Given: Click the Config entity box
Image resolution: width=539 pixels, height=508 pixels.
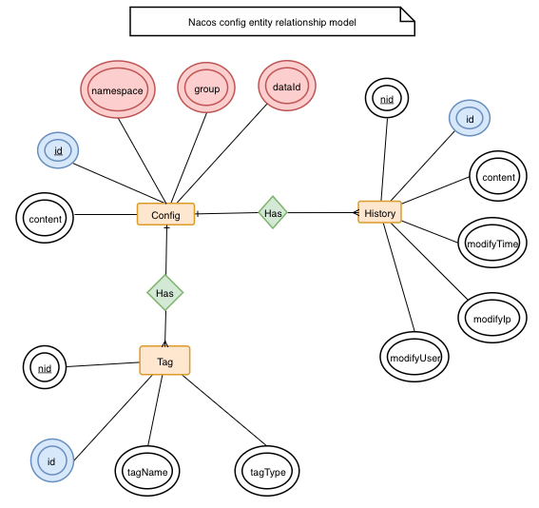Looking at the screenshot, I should pyautogui.click(x=165, y=215).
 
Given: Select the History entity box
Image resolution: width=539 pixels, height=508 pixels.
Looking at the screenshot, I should pyautogui.click(x=379, y=213).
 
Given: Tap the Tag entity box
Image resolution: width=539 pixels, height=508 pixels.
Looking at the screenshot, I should pyautogui.click(x=164, y=361).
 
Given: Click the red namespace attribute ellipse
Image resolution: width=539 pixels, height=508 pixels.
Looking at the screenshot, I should pyautogui.click(x=117, y=89).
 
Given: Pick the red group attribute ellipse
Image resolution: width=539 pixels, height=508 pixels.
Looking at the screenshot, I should pyautogui.click(x=207, y=89).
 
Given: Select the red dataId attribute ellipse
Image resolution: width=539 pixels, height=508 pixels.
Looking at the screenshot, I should pyautogui.click(x=286, y=87).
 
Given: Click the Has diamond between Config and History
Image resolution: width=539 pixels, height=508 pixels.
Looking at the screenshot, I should pyautogui.click(x=273, y=213).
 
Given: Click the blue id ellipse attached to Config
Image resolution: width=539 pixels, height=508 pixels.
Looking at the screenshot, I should pyautogui.click(x=58, y=150).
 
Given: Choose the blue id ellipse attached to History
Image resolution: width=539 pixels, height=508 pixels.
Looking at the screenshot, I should pyautogui.click(x=469, y=118).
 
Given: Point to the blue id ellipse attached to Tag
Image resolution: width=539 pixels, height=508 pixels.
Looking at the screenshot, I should pyautogui.click(x=51, y=461).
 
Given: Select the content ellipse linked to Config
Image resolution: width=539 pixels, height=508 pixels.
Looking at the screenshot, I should pyautogui.click(x=45, y=219).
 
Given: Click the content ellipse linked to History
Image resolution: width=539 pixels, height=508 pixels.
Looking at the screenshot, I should pyautogui.click(x=498, y=178).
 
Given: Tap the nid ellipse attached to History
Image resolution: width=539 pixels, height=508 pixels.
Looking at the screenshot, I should pyautogui.click(x=387, y=99).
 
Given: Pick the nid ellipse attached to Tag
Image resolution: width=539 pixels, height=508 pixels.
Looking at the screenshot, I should pyautogui.click(x=44, y=367).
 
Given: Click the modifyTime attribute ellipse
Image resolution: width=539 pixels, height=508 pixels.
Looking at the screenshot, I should pyautogui.click(x=491, y=244).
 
